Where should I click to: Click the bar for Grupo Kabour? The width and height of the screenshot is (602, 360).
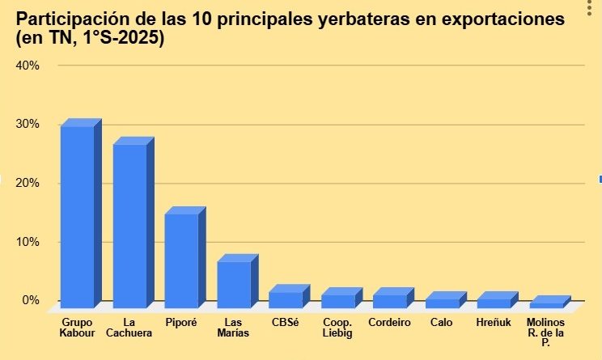point(77,217)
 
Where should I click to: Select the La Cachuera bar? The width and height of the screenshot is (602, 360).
point(129,226)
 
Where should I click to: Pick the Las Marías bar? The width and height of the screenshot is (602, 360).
point(234,284)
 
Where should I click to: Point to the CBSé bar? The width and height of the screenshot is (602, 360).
point(286,299)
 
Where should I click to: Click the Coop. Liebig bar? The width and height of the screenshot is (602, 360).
point(337,301)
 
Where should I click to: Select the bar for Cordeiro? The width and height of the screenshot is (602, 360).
point(389,301)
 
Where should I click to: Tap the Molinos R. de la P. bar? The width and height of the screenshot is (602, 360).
point(546,305)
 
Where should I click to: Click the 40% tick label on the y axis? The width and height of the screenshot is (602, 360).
point(28,66)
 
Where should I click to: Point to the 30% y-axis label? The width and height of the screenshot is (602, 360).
point(28,125)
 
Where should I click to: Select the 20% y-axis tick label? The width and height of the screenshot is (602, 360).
point(28,183)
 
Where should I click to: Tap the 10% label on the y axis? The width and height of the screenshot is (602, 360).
point(28,242)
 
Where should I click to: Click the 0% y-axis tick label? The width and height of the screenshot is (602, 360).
point(30,300)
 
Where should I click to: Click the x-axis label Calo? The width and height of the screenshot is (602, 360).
point(442,322)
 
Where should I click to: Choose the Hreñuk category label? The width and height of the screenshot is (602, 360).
point(493,322)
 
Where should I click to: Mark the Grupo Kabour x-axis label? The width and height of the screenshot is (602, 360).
point(78,328)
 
